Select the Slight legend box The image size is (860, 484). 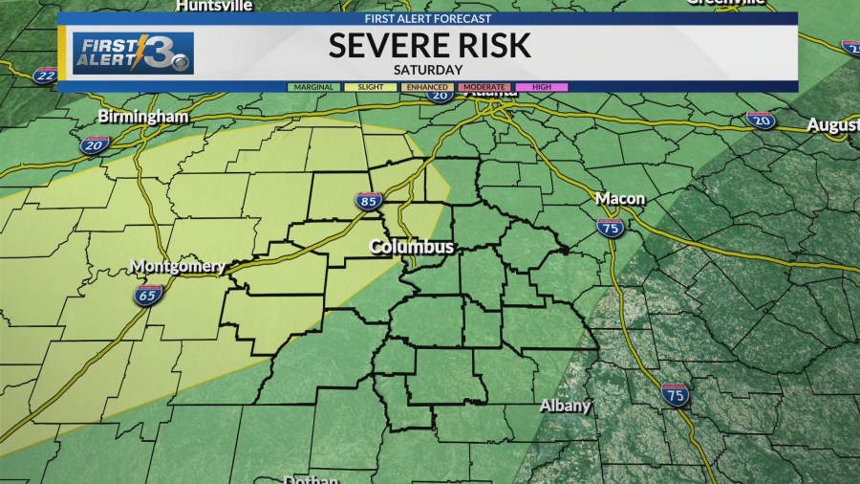370,87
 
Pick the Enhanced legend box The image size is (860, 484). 427,87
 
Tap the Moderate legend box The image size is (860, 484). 484,87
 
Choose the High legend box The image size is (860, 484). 542,87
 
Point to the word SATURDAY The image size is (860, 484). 427,70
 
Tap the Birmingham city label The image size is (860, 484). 143,116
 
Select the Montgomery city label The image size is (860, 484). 178,266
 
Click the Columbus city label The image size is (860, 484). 412,247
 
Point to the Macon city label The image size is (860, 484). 620,198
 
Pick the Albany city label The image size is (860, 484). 566,406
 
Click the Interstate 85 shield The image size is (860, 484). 370,200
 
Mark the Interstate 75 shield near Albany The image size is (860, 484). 675,394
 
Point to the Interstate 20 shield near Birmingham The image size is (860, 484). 95,144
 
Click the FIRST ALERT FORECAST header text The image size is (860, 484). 427,18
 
